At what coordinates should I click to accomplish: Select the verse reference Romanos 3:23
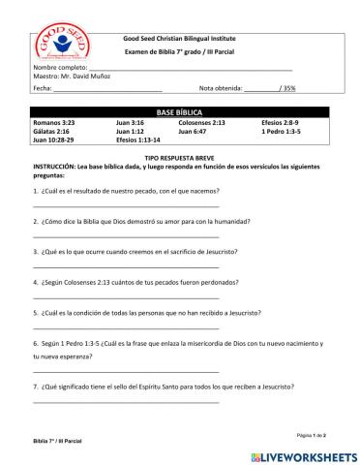click(x=53, y=123)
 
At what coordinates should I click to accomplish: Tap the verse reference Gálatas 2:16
click(x=51, y=131)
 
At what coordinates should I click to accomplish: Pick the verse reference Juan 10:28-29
click(x=56, y=139)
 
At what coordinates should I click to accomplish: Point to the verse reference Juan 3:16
click(x=130, y=123)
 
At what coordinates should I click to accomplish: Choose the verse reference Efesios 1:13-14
click(x=139, y=139)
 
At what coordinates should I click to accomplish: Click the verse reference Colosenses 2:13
click(x=202, y=123)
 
